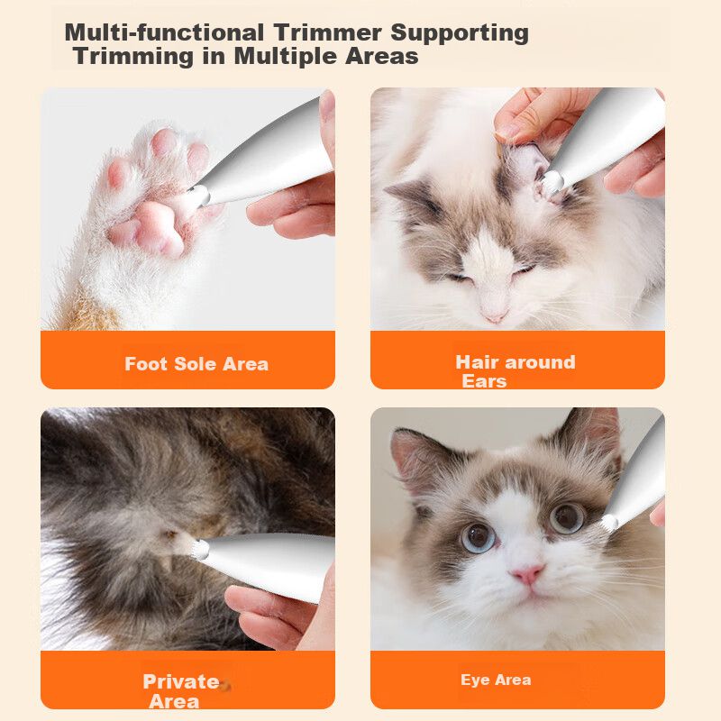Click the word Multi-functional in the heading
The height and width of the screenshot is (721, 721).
point(164,32)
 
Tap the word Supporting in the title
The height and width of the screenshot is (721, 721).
point(460,33)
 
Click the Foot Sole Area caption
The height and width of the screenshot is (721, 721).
point(196,364)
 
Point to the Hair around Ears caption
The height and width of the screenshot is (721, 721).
point(515,371)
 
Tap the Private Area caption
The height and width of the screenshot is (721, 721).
point(181,691)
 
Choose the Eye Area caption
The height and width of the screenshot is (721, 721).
point(496,680)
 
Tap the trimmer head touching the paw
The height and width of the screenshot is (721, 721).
point(199,196)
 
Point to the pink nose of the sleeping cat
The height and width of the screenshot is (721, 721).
point(494,316)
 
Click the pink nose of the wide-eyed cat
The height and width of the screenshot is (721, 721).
point(527,574)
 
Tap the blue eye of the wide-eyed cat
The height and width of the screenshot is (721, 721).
point(479,537)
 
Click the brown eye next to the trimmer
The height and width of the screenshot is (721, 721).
point(568,518)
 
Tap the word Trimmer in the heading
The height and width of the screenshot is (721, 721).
point(327,32)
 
